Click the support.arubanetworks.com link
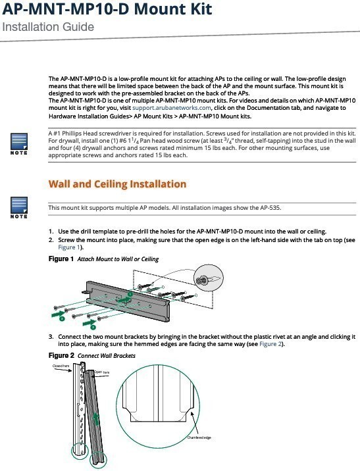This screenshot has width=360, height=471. [x=172, y=108]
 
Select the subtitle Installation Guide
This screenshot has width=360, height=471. [x=48, y=27]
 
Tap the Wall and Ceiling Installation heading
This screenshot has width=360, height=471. [x=117, y=184]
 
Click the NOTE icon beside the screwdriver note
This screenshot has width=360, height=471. [x=19, y=143]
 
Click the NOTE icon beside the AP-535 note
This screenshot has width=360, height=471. [x=19, y=208]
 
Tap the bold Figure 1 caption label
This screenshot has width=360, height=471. [x=61, y=259]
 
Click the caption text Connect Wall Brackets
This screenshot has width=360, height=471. [x=107, y=356]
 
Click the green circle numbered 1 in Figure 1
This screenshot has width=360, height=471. [x=130, y=294]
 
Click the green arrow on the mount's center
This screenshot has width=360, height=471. [x=123, y=299]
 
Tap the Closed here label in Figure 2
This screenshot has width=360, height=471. [x=61, y=366]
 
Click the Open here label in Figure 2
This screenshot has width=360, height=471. [x=102, y=372]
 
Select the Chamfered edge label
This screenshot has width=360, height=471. [x=199, y=437]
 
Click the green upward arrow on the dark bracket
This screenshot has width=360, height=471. [x=96, y=418]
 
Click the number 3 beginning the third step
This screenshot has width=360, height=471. [x=51, y=337]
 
